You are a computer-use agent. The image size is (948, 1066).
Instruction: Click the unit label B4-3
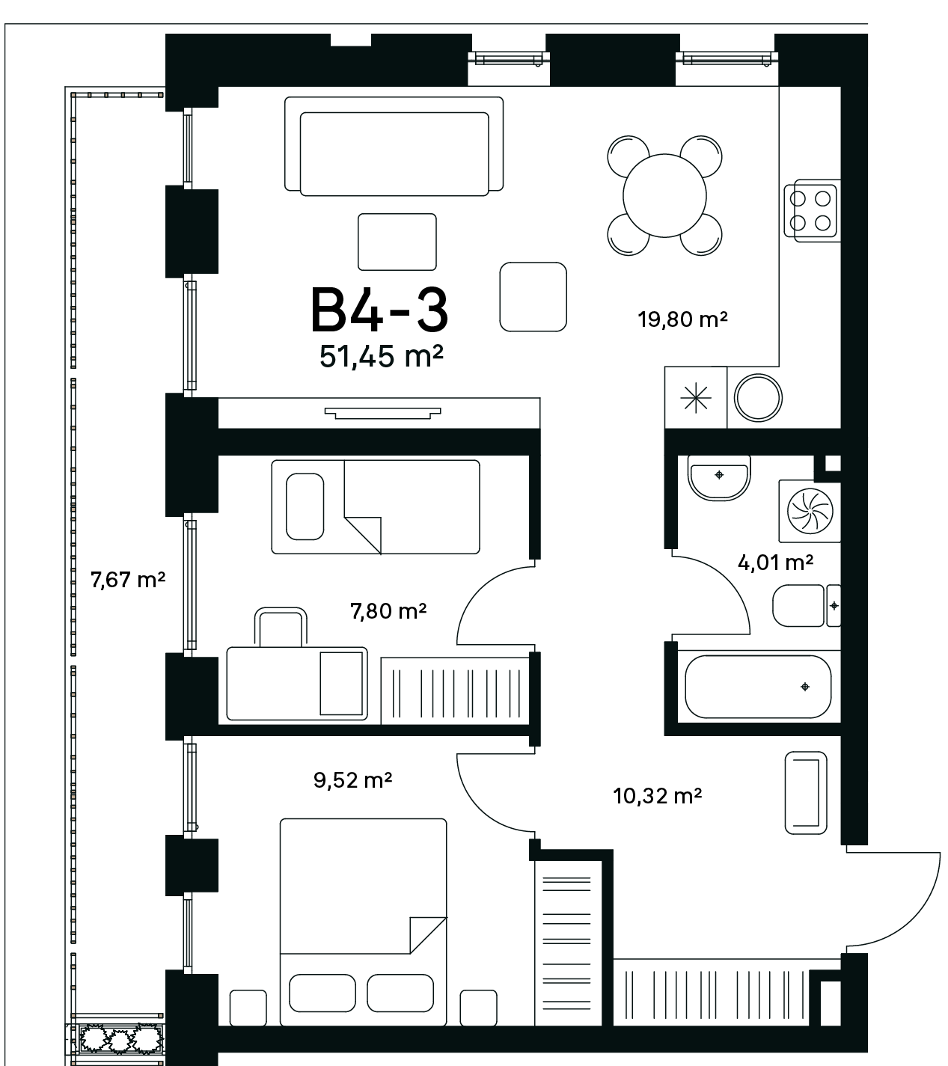[379, 310]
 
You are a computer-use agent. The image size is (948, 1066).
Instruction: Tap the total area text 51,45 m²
[381, 356]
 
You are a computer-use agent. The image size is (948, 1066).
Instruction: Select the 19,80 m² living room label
[682, 319]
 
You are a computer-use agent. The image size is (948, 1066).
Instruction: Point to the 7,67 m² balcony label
[128, 579]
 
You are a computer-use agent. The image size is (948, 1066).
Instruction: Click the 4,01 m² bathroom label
[775, 563]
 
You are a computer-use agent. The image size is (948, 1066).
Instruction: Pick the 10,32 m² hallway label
[658, 795]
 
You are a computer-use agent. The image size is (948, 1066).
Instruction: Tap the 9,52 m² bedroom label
[352, 779]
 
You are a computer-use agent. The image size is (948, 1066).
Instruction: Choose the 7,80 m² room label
[388, 611]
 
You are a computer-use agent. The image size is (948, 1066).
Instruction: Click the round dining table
[664, 196]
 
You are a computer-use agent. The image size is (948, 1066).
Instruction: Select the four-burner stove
[812, 210]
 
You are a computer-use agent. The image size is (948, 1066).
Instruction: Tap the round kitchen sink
[758, 397]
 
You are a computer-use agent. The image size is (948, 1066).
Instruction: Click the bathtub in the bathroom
[758, 687]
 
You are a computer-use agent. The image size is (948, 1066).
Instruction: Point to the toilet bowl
[805, 606]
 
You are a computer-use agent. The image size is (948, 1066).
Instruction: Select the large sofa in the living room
[394, 147]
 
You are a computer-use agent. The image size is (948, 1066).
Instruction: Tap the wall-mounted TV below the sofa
[382, 414]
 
